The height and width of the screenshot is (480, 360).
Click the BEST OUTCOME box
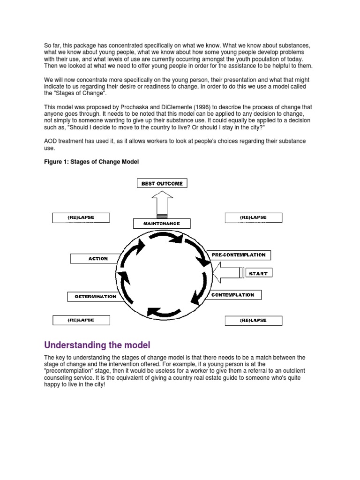(x=162, y=183)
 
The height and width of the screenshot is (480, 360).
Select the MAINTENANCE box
(x=162, y=224)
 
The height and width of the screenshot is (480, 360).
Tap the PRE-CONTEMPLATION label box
(x=239, y=255)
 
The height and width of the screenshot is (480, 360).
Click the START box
(x=259, y=273)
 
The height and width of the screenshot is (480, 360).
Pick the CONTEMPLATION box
(x=232, y=295)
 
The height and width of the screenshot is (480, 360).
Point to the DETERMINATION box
(x=96, y=297)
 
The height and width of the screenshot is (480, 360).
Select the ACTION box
(x=98, y=258)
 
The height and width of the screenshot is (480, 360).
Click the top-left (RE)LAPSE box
(x=80, y=217)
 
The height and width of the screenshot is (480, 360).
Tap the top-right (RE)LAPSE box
(x=253, y=217)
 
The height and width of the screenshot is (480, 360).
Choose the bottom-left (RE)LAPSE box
(x=80, y=320)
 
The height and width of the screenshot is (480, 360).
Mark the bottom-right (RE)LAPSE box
(x=253, y=321)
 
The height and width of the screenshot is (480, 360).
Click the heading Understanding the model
(x=97, y=345)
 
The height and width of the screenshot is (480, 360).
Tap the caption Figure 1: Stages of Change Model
(x=91, y=162)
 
